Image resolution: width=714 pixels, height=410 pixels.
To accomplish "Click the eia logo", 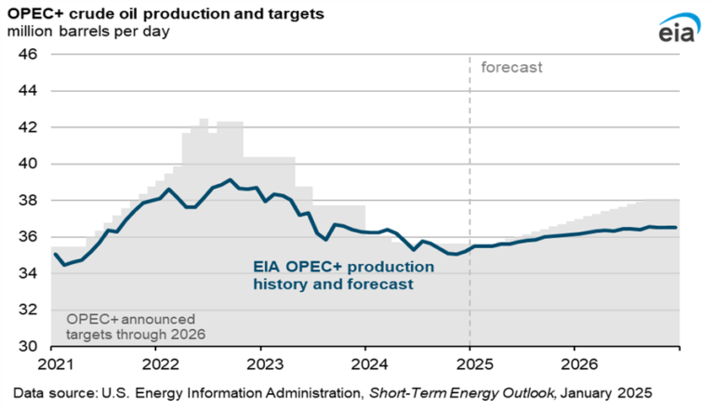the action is (679, 28).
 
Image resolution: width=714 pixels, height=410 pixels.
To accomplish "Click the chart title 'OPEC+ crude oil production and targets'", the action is (165, 14).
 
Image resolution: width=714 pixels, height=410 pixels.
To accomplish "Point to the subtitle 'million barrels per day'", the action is (88, 32).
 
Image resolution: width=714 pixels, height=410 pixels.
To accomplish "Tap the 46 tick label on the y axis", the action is (28, 54).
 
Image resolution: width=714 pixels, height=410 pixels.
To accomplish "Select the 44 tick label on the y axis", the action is (28, 91).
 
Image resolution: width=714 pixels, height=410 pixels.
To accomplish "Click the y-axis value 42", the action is (28, 127).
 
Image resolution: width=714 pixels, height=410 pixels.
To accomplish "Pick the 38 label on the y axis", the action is (28, 200).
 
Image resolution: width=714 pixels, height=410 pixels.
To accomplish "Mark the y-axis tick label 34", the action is (28, 273).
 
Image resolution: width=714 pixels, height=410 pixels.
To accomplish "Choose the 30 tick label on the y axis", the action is (28, 346).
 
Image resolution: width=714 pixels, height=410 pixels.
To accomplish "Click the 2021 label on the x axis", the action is (56, 364).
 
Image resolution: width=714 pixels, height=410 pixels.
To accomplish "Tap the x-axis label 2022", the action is (160, 364).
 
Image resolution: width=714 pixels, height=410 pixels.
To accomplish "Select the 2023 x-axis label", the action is (265, 364).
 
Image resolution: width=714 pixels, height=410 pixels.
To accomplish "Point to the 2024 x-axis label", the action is (370, 364).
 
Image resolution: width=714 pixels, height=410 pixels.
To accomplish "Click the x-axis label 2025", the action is (474, 364).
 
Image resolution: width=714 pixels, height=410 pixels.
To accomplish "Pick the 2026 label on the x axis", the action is (579, 364).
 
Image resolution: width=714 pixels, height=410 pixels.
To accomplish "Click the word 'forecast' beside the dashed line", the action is (512, 68).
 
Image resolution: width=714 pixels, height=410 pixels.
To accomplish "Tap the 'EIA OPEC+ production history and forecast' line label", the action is (344, 275).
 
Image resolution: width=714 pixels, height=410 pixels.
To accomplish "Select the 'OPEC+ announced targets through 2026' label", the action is (136, 326).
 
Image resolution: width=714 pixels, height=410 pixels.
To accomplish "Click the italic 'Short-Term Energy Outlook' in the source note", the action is (462, 393).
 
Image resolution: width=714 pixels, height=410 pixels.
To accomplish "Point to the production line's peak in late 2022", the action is (230, 179).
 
